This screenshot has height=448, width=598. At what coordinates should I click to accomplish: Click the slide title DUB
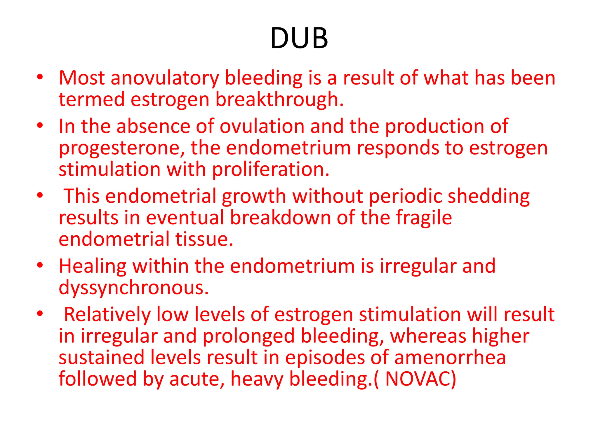click(299, 38)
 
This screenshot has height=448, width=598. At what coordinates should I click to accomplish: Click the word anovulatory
click(165, 78)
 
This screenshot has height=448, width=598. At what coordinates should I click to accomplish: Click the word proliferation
click(271, 169)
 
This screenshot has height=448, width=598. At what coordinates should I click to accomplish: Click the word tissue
click(204, 239)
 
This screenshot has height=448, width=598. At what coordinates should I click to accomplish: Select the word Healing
click(93, 267)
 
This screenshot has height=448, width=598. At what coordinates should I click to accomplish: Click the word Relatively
click(107, 315)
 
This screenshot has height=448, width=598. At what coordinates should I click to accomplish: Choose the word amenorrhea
click(450, 358)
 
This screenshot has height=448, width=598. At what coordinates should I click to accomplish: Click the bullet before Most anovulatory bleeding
click(40, 77)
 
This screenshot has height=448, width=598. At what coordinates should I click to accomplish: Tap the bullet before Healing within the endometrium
click(40, 265)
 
